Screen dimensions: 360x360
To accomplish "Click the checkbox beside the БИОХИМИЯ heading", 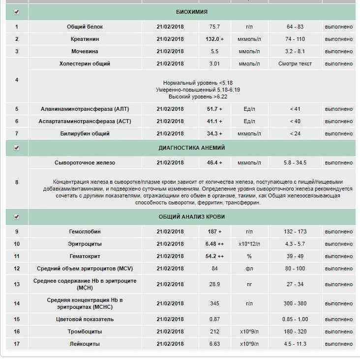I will [x=17, y=11].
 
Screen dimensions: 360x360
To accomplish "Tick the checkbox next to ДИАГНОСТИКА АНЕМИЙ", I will [x=17, y=148].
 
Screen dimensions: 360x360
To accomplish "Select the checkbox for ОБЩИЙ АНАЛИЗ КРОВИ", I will [x=17, y=217].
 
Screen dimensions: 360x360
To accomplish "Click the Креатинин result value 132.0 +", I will [x=214, y=39].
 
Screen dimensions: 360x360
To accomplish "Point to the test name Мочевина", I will [x=85, y=51].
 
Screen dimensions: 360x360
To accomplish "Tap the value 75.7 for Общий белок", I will [x=214, y=27].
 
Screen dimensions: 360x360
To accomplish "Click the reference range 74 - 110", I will [x=294, y=39].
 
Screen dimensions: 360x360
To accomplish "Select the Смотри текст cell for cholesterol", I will [x=294, y=64].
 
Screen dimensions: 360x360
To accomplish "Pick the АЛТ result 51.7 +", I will [x=214, y=109].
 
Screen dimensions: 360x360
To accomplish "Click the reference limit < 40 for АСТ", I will [x=294, y=121].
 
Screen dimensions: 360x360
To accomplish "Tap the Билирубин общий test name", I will [x=85, y=133].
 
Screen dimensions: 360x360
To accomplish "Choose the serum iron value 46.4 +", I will [x=214, y=163].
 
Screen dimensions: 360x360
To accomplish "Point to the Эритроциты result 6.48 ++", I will [x=214, y=244].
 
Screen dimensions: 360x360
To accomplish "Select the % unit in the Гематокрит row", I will [x=249, y=256].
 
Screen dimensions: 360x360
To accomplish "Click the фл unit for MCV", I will [x=249, y=268].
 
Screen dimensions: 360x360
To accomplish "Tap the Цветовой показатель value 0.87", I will [x=214, y=319].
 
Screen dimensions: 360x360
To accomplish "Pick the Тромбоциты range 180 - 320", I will [x=294, y=331].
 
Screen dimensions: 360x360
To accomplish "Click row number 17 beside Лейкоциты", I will [x=17, y=344].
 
